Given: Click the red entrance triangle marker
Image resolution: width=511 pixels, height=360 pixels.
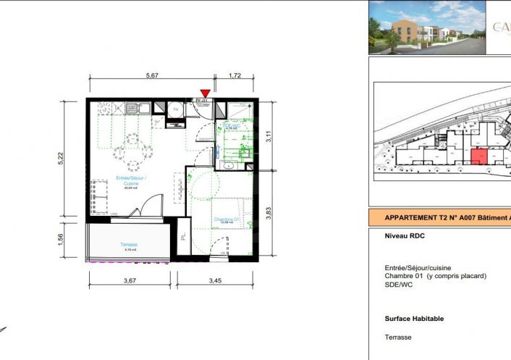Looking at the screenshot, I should coord(206,93).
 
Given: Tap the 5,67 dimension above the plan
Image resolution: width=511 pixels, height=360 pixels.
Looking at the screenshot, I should coord(152,75).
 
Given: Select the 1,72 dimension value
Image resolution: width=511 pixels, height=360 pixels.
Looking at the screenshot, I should coord(235,75).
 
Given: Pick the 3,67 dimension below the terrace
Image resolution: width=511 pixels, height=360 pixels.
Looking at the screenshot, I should coord(130,280).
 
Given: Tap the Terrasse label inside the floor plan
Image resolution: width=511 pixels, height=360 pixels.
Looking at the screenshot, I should coord(130,245).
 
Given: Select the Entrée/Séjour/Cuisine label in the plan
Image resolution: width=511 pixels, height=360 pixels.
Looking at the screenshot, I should coord(131,182).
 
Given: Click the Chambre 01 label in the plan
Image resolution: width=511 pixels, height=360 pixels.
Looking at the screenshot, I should coord(226,219).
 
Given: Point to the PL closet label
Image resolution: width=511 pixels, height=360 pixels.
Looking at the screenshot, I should coord(182,235).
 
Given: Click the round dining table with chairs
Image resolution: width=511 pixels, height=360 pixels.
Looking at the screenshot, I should coord(132,142).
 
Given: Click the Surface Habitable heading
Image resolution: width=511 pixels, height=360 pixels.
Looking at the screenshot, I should coord(414,318).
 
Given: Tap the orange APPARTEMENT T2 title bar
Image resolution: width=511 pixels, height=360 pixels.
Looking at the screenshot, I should coord(439,217).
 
